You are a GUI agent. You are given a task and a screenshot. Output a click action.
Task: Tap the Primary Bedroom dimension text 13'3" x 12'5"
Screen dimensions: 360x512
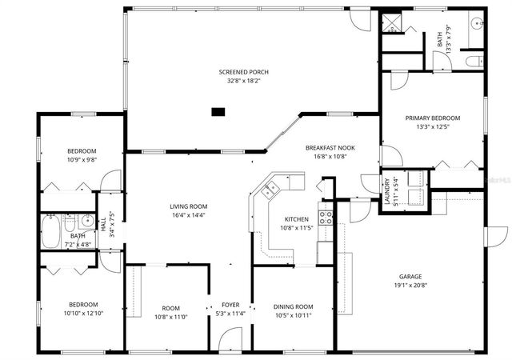click(x=432, y=126)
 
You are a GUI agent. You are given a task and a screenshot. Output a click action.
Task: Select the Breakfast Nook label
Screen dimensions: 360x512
click(x=330, y=148)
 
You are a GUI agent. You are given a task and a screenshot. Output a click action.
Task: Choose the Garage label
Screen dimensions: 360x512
click(x=410, y=277)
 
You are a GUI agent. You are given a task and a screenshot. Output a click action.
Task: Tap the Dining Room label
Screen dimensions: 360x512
click(x=293, y=306)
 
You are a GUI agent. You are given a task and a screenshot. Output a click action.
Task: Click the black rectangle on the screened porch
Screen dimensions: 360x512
click(x=218, y=112)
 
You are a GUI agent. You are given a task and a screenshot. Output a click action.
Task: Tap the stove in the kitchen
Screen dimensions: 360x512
click(x=325, y=214)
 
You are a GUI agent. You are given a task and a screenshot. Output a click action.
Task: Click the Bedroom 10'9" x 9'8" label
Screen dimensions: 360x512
click(x=82, y=151)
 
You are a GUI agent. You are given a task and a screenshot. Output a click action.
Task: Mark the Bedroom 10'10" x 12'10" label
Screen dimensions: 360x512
click(x=83, y=305)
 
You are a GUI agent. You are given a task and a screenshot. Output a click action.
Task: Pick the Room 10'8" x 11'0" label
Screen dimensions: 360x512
click(x=170, y=308)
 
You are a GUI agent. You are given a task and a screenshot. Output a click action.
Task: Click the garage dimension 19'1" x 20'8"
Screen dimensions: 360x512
click(x=410, y=286)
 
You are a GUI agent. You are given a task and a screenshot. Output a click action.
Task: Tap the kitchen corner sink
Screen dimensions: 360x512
click(x=270, y=190)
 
